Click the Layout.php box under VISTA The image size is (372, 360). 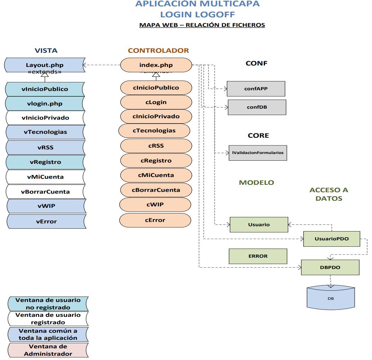tap(45, 65)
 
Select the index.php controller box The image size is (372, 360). tap(156, 65)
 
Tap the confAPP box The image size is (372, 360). tap(256, 89)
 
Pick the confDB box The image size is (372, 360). tap(257, 107)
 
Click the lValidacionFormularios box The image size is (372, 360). tap(258, 153)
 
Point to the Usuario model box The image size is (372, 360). tap(259, 224)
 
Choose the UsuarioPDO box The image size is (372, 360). tap(332, 239)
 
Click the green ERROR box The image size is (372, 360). tap(258, 256)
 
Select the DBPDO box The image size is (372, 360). tap(330, 267)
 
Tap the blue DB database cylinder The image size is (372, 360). tap(331, 298)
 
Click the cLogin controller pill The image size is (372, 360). tap(156, 102)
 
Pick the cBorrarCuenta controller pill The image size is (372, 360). tap(156, 190)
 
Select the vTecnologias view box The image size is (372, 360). tap(45, 132)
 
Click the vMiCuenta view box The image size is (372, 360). tap(45, 177)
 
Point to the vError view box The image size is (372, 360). tap(46, 222)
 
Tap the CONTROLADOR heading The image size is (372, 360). tap(158, 51)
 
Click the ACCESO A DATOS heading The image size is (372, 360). tap(329, 194)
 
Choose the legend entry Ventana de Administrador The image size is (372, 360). tap(48, 350)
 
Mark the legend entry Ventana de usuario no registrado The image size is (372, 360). tap(48, 304)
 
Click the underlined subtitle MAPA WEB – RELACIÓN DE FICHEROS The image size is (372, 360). tap(202, 25)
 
